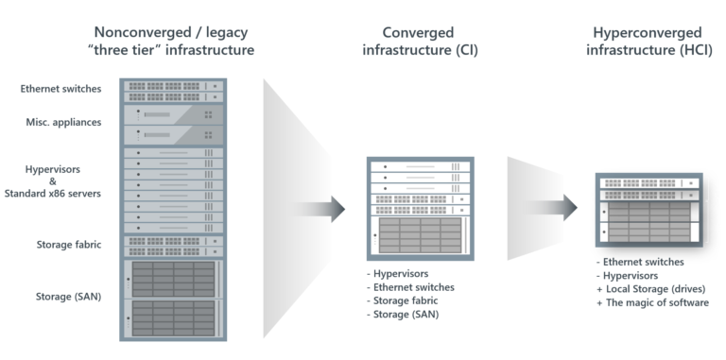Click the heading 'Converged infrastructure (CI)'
point(420,41)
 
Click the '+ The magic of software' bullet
point(652,302)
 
